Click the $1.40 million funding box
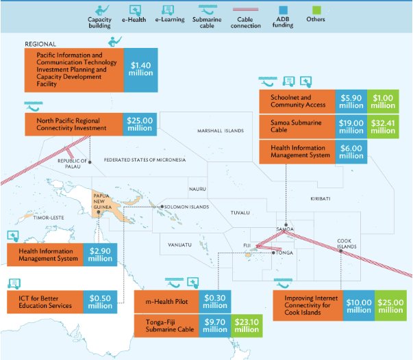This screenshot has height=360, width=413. point(141,70)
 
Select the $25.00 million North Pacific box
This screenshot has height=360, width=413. point(140,124)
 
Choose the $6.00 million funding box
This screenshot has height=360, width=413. point(351,151)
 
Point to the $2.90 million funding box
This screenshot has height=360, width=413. point(100,254)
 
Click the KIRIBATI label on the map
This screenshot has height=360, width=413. point(320,198)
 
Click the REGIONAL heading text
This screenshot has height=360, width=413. point(40,43)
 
